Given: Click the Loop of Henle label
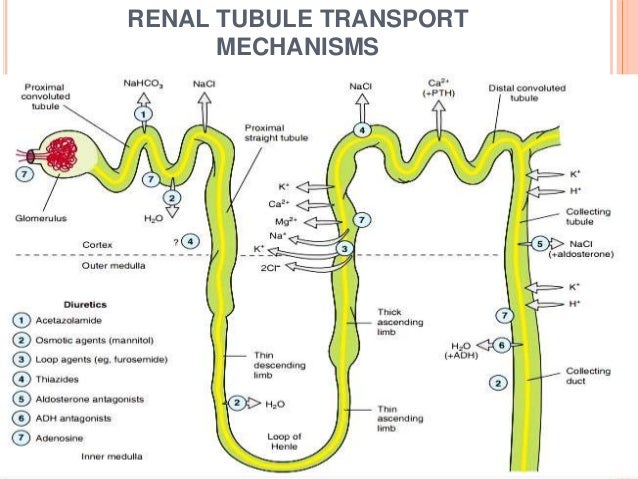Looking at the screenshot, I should click(286, 441).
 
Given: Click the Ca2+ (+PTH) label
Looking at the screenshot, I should click(437, 88).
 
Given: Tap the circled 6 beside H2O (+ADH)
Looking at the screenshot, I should click(503, 345).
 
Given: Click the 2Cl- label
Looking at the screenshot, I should click(271, 269).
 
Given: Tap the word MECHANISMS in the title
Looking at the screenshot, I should click(297, 46).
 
